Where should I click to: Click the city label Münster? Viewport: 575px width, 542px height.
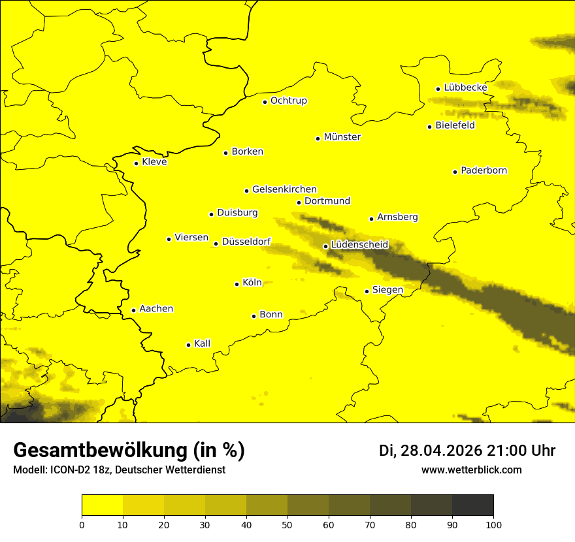(342, 137)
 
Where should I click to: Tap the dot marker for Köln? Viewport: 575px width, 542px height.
(237, 284)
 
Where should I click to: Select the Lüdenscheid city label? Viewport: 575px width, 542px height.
(359, 245)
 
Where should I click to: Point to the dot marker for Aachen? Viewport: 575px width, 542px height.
(133, 310)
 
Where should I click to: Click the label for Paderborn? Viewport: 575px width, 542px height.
(484, 170)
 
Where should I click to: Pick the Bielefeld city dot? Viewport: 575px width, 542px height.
(429, 127)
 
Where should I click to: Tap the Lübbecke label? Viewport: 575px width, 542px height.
(465, 88)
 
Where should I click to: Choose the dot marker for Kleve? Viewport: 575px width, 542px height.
(136, 163)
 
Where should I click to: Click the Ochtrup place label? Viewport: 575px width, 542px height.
(288, 101)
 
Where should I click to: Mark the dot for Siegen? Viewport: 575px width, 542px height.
(367, 291)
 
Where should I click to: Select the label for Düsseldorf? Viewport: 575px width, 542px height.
(246, 242)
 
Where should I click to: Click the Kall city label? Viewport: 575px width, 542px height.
(202, 343)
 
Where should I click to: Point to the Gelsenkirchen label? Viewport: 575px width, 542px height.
(284, 189)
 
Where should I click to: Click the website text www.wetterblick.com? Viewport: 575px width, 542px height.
(471, 470)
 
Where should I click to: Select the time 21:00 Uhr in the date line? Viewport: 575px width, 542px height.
(521, 451)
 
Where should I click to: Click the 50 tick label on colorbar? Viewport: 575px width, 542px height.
(287, 524)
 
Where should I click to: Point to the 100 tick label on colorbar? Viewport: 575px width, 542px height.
(493, 524)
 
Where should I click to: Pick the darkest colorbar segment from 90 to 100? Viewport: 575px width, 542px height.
(472, 505)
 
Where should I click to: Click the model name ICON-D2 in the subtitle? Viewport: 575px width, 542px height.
(70, 470)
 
